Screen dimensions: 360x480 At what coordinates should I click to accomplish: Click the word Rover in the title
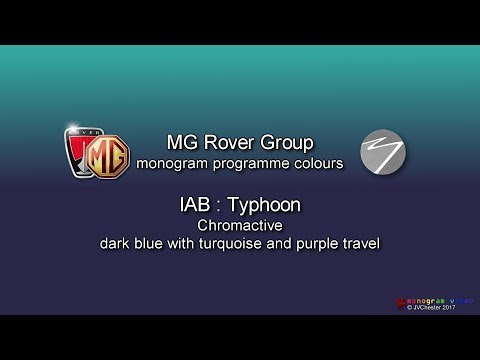click(233, 141)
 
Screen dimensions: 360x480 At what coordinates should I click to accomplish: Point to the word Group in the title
click(288, 141)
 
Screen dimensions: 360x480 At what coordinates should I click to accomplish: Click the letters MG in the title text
click(182, 141)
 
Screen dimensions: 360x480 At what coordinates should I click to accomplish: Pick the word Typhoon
click(263, 205)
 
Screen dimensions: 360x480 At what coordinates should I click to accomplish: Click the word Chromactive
click(239, 226)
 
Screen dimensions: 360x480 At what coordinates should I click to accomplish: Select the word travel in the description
click(363, 244)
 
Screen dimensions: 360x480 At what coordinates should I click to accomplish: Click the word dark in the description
click(115, 244)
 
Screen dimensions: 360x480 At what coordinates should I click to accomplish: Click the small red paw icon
click(392, 299)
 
